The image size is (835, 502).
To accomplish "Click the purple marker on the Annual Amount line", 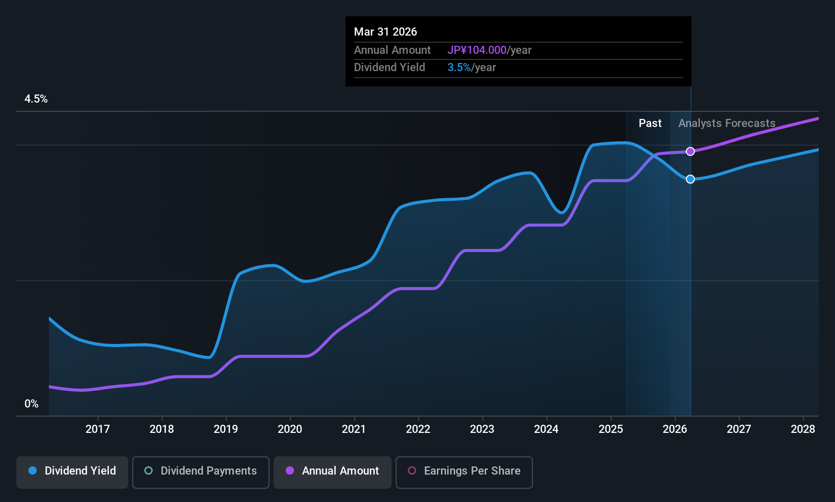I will click(690, 151).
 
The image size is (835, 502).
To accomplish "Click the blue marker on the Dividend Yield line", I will click(690, 179).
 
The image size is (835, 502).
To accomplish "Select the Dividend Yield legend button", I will click(72, 471).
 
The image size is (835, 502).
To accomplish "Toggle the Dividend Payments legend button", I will click(201, 471).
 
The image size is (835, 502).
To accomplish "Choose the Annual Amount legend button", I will click(333, 471).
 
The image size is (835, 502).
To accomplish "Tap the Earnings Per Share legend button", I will click(464, 471).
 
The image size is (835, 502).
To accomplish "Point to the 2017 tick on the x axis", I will click(98, 429).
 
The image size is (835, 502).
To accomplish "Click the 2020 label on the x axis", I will click(290, 429).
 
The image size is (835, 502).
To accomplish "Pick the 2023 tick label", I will click(482, 429).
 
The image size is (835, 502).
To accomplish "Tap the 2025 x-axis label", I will click(611, 429).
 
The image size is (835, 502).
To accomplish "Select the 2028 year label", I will click(803, 429).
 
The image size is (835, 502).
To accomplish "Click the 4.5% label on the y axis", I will click(36, 99).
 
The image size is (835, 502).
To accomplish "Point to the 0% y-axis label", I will click(32, 404).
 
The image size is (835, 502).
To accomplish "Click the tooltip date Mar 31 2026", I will click(385, 32).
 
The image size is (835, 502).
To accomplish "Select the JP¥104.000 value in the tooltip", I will click(477, 50).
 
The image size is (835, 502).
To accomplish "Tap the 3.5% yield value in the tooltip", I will click(459, 68).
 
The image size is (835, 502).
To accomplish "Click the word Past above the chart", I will click(650, 123).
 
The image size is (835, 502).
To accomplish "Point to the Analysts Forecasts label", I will click(727, 123).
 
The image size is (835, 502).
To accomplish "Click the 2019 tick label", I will click(226, 429).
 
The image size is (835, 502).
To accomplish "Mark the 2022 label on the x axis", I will click(418, 429).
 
